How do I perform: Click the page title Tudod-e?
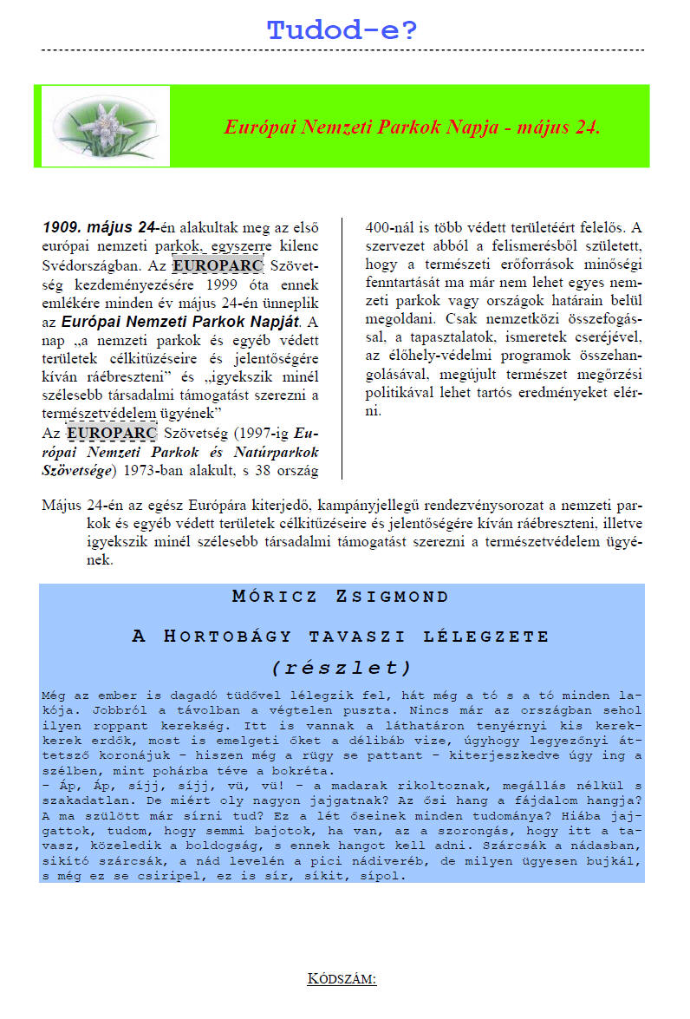point(342,31)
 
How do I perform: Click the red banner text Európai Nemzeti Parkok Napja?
point(412,127)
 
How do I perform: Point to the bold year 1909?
point(62,228)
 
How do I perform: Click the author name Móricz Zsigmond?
point(342,598)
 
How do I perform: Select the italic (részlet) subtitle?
point(342,668)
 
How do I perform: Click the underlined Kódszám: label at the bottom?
point(342,979)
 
